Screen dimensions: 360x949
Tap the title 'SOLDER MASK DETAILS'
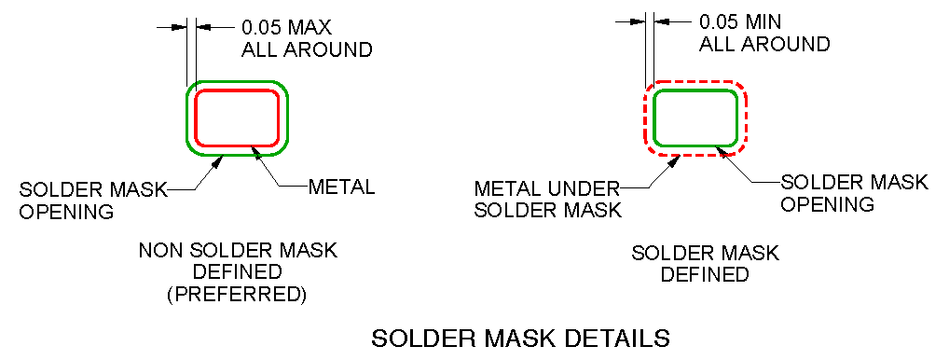521,338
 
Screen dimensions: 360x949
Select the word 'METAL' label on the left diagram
342,187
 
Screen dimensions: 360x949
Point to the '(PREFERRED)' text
239,297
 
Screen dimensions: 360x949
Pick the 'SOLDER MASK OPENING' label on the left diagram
93,200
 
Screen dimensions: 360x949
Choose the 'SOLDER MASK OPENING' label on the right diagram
854,192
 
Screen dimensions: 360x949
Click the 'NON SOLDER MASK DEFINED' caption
239,261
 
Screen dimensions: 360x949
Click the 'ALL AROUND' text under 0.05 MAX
307,49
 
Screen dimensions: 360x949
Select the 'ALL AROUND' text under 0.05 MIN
763,43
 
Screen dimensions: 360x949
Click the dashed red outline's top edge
695,81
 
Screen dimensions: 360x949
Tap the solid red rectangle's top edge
237,90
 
